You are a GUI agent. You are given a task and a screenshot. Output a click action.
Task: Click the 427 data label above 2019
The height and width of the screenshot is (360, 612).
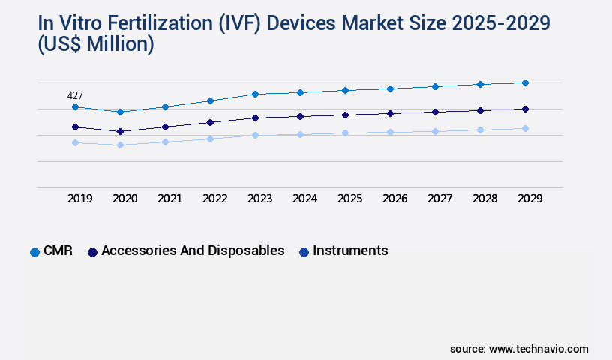click(x=75, y=95)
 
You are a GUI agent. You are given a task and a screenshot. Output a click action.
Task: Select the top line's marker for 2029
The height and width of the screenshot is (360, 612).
click(x=525, y=82)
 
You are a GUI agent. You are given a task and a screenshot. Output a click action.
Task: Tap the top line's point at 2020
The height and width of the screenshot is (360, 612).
click(x=120, y=112)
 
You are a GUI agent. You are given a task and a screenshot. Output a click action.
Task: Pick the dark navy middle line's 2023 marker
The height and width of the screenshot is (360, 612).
click(x=255, y=118)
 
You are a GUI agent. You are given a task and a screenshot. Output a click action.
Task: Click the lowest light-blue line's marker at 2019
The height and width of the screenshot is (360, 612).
click(x=75, y=142)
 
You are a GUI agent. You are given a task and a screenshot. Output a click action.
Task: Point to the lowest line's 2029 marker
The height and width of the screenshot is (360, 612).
click(x=525, y=128)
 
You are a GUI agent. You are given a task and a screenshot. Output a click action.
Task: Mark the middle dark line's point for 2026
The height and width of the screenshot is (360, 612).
click(x=390, y=113)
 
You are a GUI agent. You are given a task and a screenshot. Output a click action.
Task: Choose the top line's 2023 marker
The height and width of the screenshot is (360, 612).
click(x=255, y=94)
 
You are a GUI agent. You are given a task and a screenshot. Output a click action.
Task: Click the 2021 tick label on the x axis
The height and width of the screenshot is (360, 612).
click(x=169, y=199)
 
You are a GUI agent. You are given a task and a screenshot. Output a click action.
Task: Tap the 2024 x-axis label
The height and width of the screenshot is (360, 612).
click(x=304, y=199)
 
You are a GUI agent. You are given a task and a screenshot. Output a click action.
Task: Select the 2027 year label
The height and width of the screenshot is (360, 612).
click(x=439, y=199)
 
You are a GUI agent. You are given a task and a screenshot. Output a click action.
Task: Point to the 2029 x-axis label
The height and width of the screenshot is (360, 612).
click(x=529, y=199)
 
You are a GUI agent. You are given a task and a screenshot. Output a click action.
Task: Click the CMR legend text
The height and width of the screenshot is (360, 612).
click(x=58, y=250)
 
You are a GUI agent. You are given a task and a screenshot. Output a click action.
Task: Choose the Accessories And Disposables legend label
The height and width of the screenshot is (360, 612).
click(x=193, y=250)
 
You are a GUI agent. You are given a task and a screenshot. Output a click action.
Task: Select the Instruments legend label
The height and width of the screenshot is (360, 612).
click(x=350, y=250)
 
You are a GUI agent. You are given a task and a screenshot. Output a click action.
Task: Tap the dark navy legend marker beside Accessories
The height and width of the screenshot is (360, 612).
click(x=93, y=252)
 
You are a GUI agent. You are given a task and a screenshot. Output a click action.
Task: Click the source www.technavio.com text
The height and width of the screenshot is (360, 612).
click(x=519, y=349)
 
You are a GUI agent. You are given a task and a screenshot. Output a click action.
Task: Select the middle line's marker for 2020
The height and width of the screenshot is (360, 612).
click(x=120, y=131)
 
